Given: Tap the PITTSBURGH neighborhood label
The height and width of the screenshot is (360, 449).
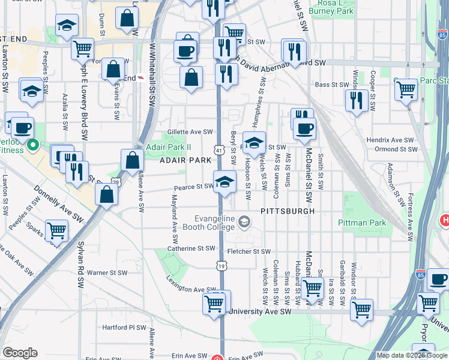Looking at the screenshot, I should [288, 212].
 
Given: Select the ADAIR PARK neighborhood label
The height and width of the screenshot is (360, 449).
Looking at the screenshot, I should [185, 160].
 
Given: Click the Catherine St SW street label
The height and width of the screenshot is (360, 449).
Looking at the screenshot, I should [191, 248].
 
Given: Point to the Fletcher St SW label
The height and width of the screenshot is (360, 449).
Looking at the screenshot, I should [249, 252].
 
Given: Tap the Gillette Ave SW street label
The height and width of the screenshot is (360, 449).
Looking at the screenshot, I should [191, 131].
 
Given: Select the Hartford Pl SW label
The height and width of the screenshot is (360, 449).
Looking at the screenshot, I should [124, 328].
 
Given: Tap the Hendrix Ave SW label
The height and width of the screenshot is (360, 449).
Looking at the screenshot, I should [391, 140].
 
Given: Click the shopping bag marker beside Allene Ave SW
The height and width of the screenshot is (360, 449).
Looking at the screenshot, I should [132, 160].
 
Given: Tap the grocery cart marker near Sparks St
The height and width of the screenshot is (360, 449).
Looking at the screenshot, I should [56, 230].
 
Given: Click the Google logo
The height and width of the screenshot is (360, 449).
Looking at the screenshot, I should [20, 353].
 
